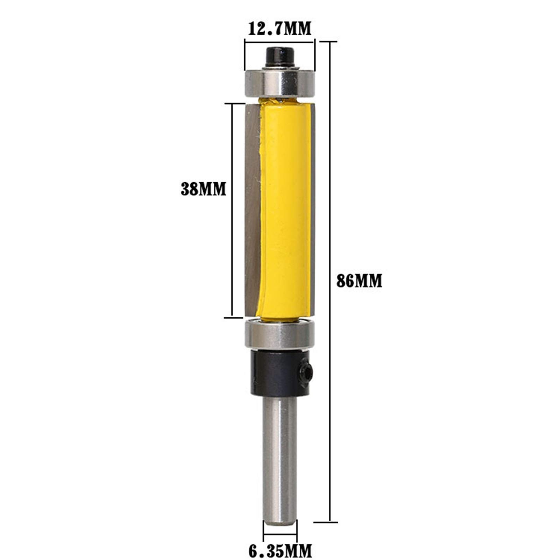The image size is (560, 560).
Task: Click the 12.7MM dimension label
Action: (279, 29)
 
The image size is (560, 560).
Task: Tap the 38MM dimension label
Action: (203, 189)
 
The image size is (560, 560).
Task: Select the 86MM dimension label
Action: (359, 281)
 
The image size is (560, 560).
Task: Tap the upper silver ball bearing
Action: (279, 83)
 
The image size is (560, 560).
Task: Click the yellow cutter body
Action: (285, 210)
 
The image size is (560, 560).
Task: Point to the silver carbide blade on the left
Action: (252, 210)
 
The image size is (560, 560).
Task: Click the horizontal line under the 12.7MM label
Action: (279, 43)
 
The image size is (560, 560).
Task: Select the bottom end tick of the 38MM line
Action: (233, 318)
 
